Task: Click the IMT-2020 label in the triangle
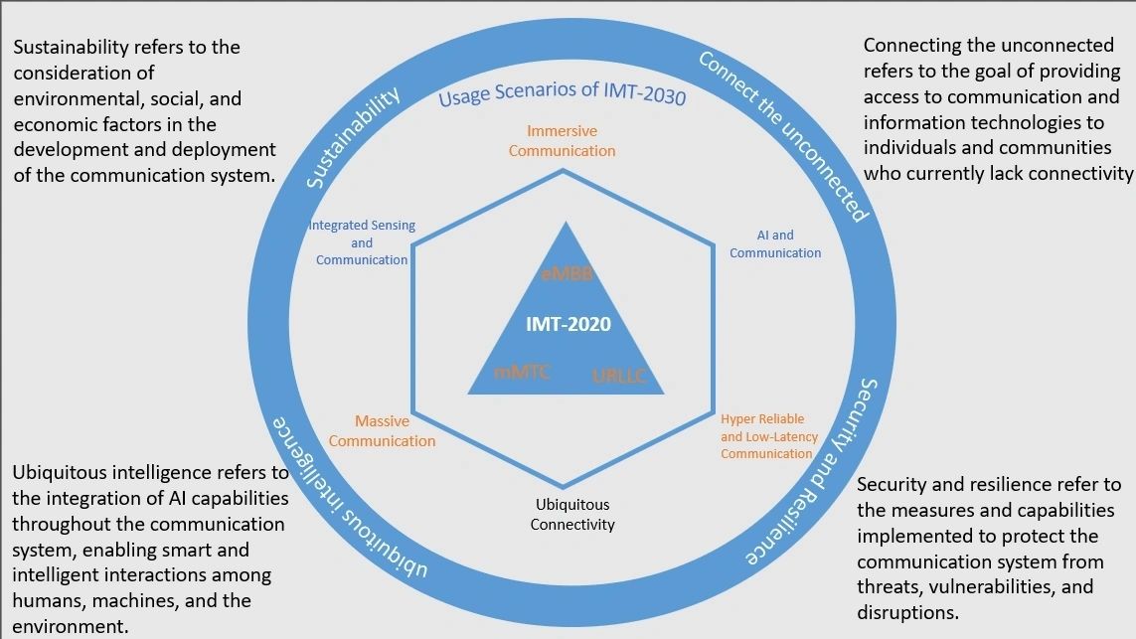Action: [x=568, y=324]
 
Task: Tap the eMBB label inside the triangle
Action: [x=568, y=274]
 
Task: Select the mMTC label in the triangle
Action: [x=522, y=373]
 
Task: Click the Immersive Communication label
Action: [x=562, y=141]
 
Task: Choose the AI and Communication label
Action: [x=775, y=244]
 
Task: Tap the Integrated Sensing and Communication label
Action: [x=362, y=242]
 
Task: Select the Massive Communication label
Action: [x=382, y=431]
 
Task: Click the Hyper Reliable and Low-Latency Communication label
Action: [x=768, y=436]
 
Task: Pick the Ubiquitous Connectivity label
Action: [x=571, y=515]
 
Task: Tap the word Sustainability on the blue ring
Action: [x=353, y=137]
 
